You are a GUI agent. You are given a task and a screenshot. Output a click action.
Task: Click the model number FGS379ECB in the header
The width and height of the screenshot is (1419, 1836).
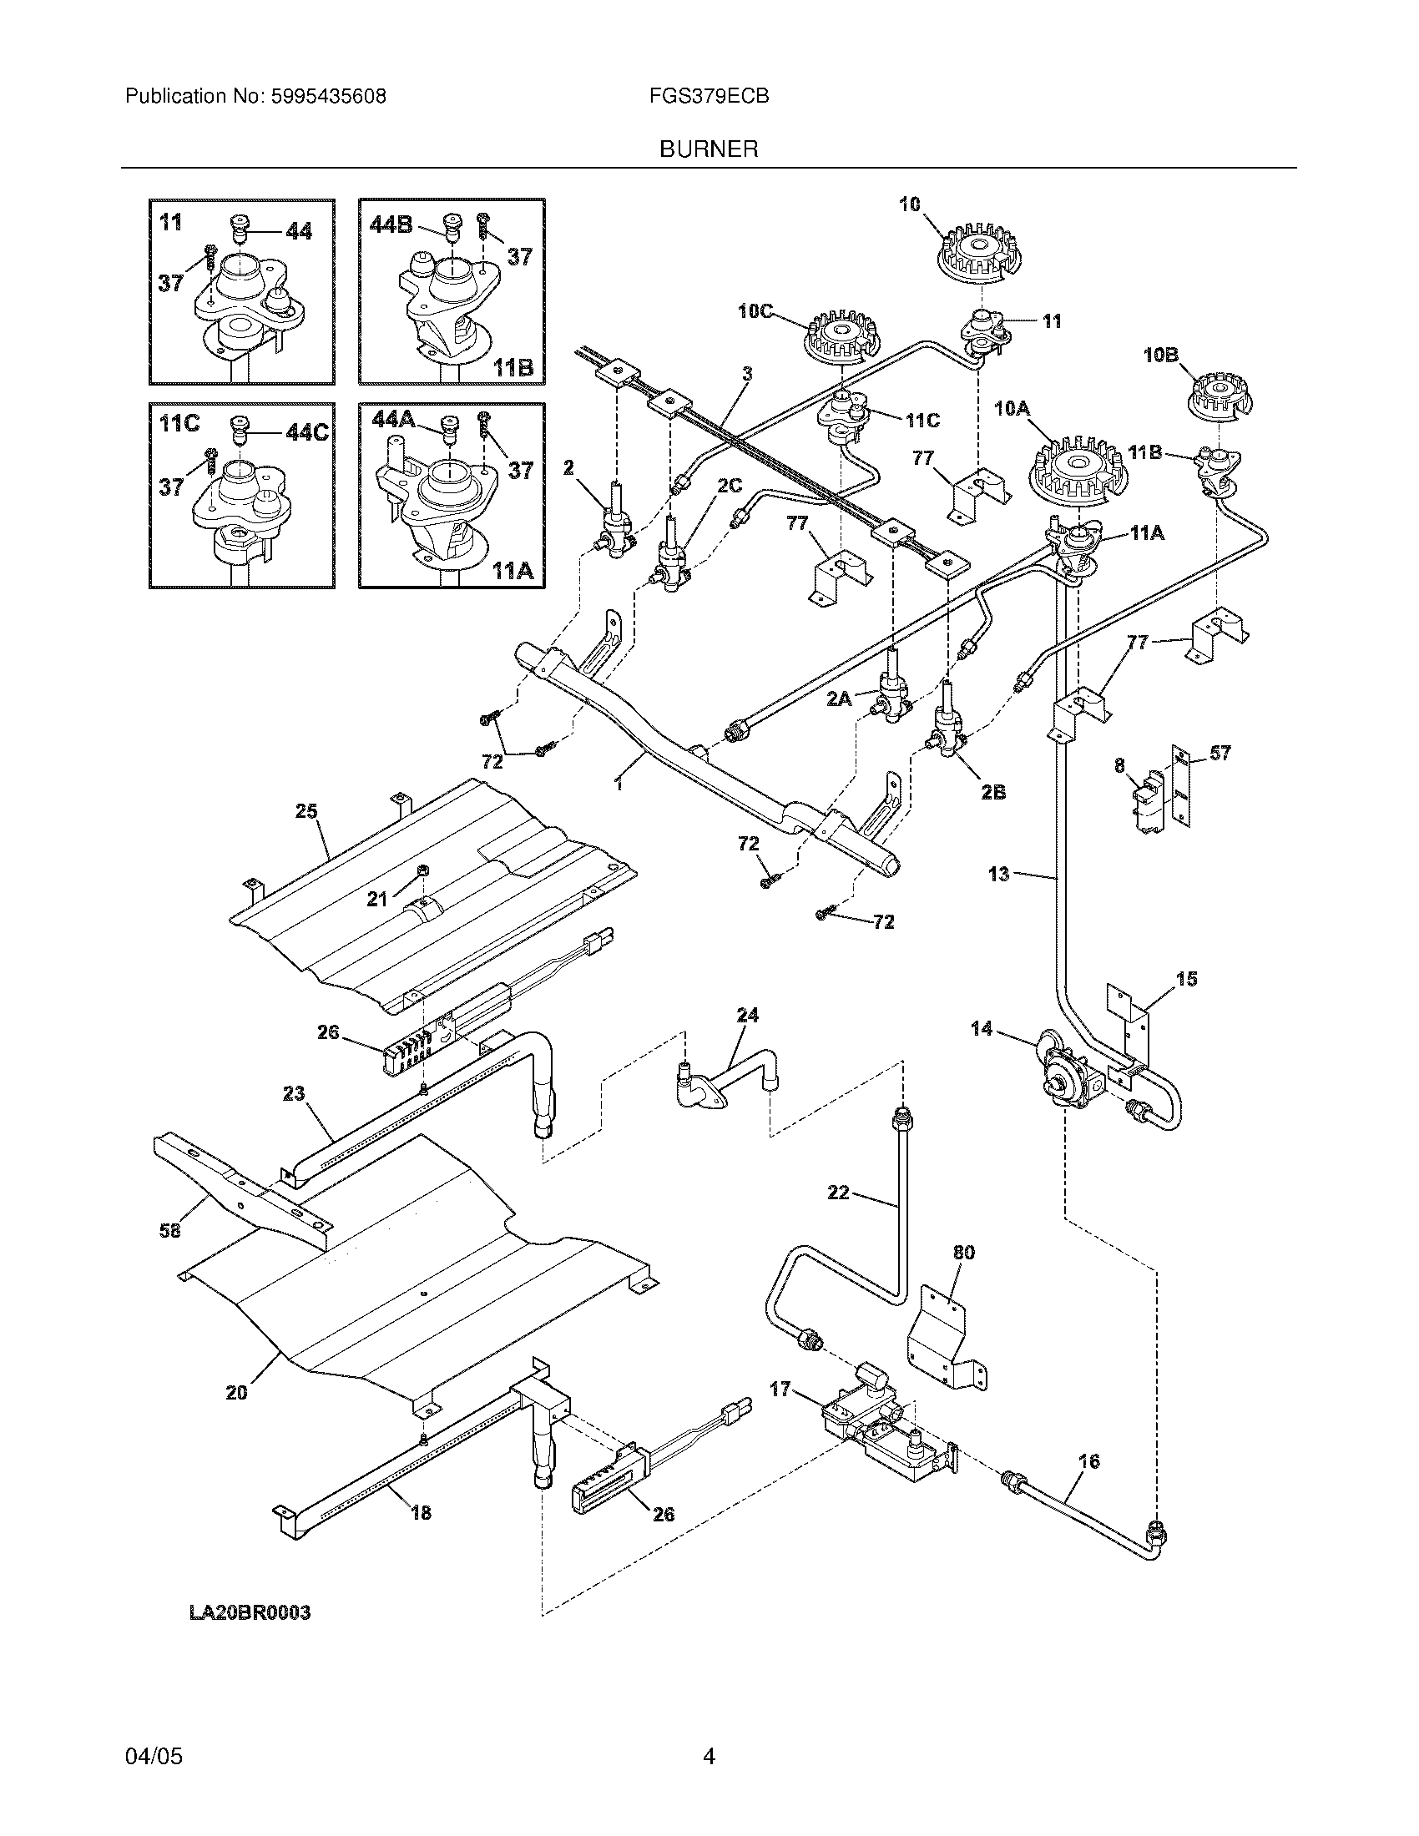point(709,96)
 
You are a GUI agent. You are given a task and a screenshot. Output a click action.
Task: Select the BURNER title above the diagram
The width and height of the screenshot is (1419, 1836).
point(709,149)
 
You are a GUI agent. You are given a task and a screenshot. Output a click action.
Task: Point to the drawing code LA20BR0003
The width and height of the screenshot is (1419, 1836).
point(250,1612)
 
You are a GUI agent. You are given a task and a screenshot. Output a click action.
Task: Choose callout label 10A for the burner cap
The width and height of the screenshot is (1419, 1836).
point(1012,409)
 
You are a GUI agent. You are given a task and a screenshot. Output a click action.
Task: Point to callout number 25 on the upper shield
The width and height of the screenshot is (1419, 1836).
point(307,811)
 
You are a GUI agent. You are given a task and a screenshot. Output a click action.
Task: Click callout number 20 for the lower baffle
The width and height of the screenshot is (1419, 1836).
point(237,1393)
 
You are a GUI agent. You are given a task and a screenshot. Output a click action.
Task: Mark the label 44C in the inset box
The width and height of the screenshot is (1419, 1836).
point(307,432)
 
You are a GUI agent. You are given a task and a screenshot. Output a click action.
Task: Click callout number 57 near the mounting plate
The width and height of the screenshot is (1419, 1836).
point(1220,754)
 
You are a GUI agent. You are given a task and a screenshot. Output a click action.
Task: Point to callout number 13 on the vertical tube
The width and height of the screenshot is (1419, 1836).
point(998,875)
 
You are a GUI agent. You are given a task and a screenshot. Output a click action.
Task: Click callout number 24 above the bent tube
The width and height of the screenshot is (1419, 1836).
point(747,1015)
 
